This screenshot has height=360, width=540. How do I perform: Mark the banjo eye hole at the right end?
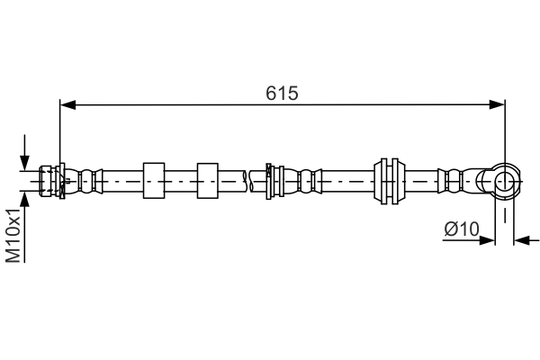[x=505, y=183]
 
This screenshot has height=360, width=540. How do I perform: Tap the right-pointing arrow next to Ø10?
[x=489, y=240]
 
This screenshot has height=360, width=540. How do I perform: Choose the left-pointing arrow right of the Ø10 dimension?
[x=522, y=240]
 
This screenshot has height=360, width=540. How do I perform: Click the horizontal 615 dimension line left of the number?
[x=162, y=105]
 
